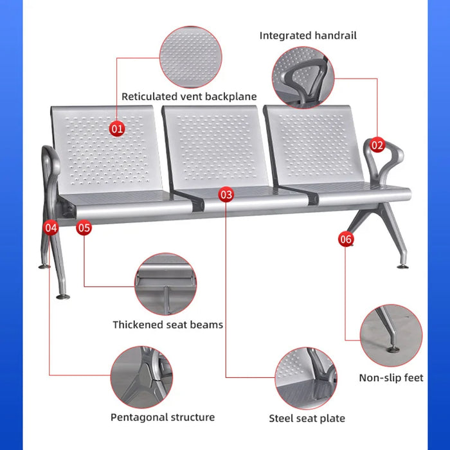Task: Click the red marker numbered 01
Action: point(117,129)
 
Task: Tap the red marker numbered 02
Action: point(377,145)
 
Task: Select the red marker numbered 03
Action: point(226,194)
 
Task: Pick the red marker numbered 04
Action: point(51,228)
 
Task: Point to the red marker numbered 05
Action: point(84,228)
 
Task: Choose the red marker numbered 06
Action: point(346,239)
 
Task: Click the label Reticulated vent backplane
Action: point(189,96)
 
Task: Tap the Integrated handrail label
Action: point(308,35)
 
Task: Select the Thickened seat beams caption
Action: point(168,325)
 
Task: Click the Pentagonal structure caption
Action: point(163,417)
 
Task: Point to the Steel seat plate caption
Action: point(307,419)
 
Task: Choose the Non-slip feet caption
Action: point(391,378)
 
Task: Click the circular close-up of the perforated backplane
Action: point(190,57)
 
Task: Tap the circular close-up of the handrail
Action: point(303,78)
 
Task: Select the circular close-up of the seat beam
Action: point(166,284)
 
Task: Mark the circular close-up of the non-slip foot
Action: point(391,336)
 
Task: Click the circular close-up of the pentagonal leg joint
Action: point(141,377)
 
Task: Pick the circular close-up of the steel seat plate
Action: point(306,378)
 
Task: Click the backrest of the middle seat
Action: point(215,147)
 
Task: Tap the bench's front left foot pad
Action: point(63,296)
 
